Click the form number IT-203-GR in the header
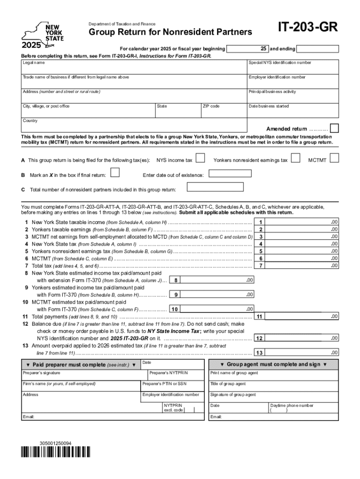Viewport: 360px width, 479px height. coord(308,28)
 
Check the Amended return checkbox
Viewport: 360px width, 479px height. coord(334,129)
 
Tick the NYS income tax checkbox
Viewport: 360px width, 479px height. coord(200,159)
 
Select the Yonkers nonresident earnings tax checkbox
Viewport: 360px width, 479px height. coord(295,159)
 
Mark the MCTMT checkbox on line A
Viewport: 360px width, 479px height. coord(334,159)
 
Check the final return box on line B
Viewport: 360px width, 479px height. coord(114,173)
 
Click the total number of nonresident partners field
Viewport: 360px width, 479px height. coord(215,188)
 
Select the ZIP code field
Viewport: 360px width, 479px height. coord(223,111)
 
